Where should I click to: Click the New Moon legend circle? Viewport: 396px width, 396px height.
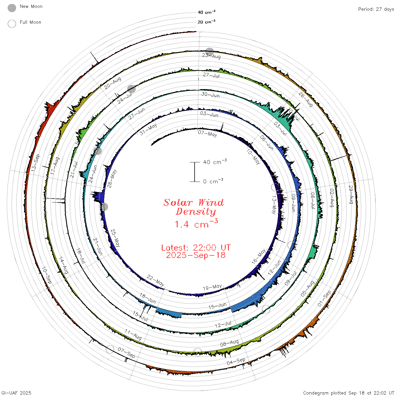coord(12,8)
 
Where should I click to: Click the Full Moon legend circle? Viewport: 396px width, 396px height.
coord(12,24)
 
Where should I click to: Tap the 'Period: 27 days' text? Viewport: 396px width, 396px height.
coord(376,9)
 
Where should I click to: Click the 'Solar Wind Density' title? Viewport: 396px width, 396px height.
coord(193,207)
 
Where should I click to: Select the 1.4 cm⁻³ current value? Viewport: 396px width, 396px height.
coord(196,224)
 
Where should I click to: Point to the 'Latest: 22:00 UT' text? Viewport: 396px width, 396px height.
coord(196,247)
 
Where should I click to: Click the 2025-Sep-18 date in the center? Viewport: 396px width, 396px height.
coord(196,255)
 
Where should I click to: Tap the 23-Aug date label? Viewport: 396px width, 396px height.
coord(211,56)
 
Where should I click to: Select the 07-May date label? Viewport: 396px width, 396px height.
coord(207,134)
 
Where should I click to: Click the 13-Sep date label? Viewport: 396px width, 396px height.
coord(35,163)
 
